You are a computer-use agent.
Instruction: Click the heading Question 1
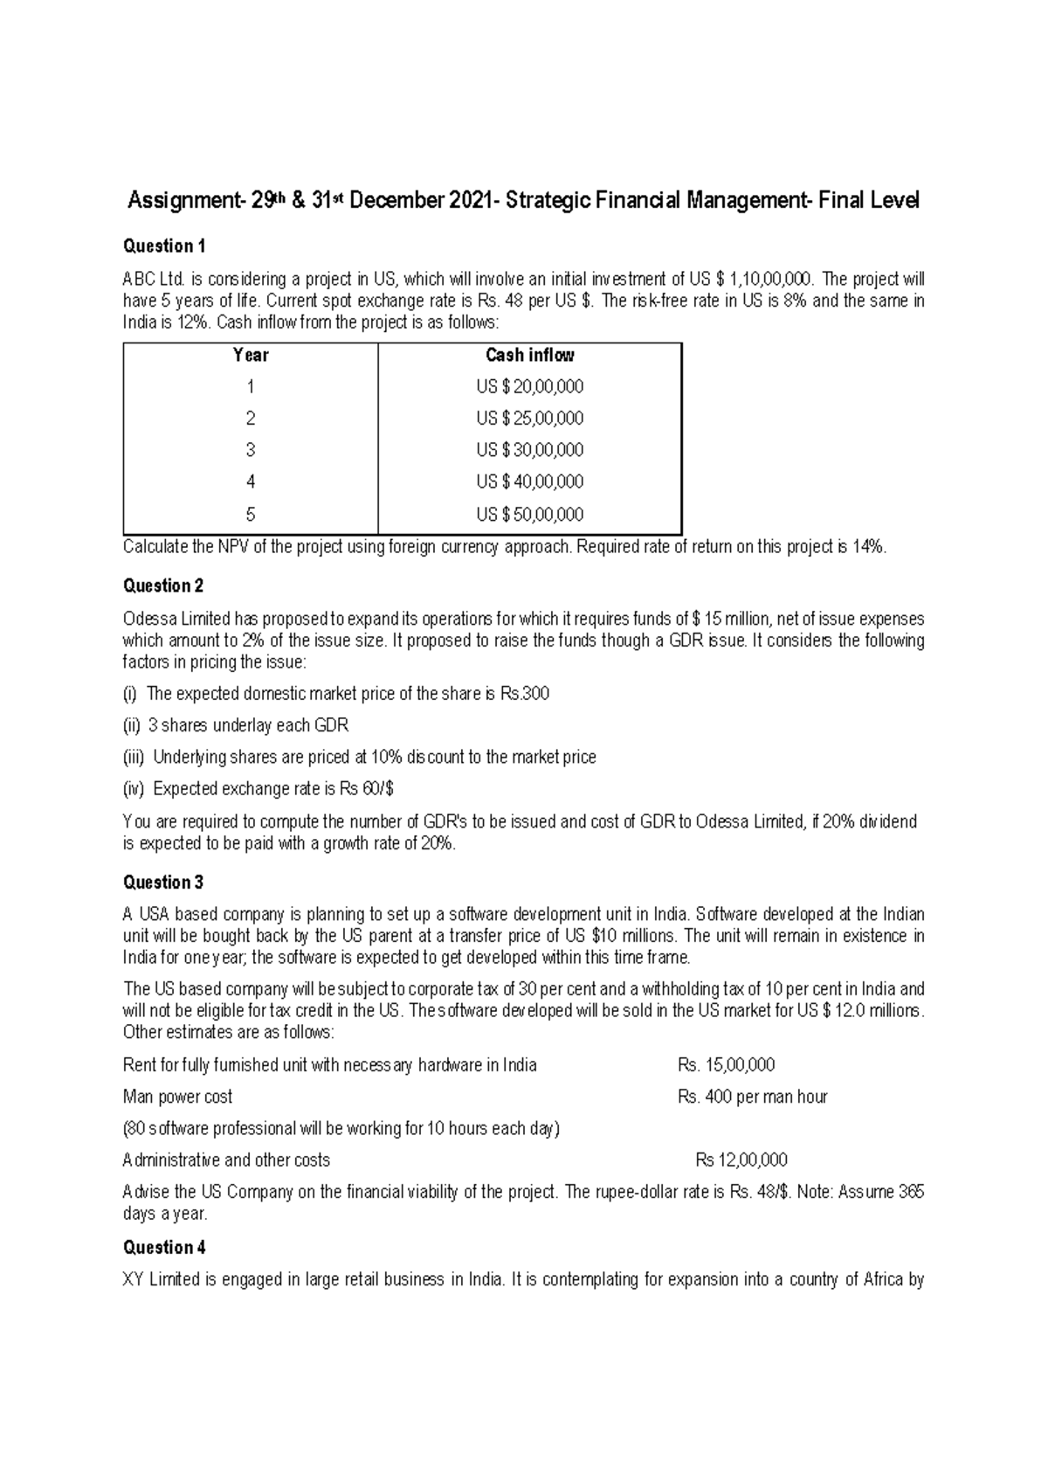coord(164,246)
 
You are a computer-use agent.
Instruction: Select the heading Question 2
coord(164,586)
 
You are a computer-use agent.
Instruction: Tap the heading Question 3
coord(164,883)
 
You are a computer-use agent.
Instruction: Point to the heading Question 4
coord(164,1248)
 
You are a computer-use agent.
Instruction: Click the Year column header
coord(251,356)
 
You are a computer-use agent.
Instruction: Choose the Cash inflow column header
coord(529,356)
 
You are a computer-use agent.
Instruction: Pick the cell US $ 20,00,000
coord(529,387)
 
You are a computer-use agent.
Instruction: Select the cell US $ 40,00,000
coord(529,482)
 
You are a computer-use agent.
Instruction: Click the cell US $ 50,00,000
coord(529,515)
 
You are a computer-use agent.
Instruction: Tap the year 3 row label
coord(251,451)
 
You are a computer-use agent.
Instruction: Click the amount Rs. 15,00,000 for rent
coord(726,1065)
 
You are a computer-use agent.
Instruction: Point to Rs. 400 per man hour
coord(752,1098)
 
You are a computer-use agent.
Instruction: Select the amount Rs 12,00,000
coord(741,1160)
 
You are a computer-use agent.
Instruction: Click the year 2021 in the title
coord(471,202)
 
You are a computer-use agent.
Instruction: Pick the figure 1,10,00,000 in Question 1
coord(770,280)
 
